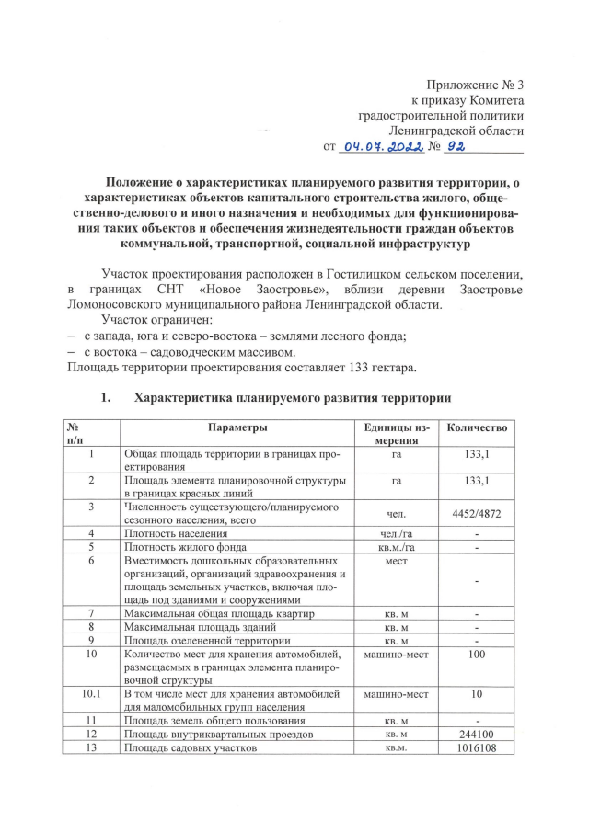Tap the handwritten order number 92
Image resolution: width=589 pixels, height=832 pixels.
coord(459,144)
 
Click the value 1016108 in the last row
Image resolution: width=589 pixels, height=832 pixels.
coord(476,749)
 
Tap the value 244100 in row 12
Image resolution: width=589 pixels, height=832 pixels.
coord(476,735)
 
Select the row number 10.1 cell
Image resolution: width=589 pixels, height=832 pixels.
coord(91,693)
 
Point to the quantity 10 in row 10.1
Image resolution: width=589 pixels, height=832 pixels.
coord(476,693)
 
